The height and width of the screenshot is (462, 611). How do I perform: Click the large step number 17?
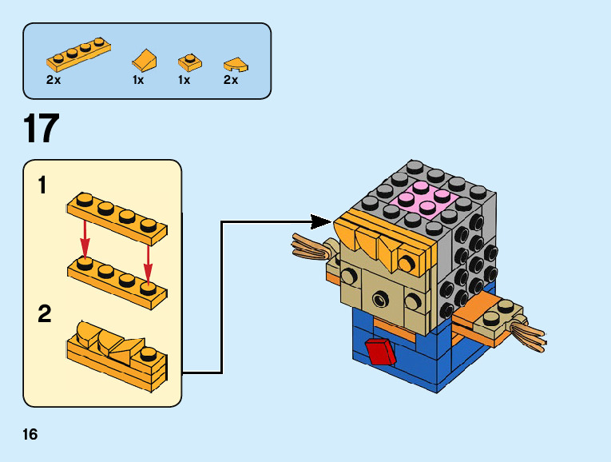point(42,129)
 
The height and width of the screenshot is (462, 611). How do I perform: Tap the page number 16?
point(30,435)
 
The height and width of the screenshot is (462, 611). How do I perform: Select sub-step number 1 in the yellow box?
point(42,187)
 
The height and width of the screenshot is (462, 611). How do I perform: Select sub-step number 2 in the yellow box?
point(45,314)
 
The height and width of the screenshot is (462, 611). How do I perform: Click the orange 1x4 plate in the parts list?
point(77,54)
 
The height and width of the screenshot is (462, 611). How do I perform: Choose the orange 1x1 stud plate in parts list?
point(188,62)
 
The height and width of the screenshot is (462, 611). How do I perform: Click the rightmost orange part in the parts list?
point(234,62)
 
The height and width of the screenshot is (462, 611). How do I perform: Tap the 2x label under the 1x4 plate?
point(54,80)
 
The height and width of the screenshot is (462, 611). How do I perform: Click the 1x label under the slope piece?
point(139,80)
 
